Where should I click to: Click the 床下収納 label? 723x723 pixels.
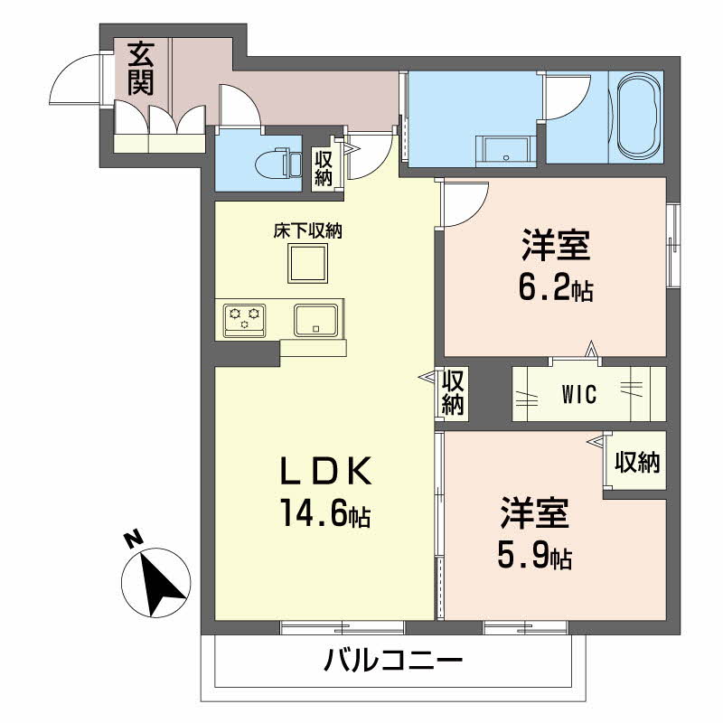pyautogui.click(x=308, y=231)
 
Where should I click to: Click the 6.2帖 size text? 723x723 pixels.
pyautogui.click(x=556, y=291)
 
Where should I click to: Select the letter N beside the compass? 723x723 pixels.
pyautogui.click(x=135, y=540)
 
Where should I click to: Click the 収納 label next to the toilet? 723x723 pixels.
pyautogui.click(x=324, y=166)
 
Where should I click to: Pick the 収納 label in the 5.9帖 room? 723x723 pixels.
pyautogui.click(x=637, y=463)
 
